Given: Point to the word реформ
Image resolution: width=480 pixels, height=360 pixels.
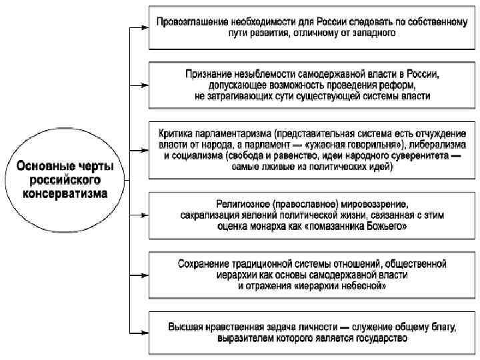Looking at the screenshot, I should point(399,85).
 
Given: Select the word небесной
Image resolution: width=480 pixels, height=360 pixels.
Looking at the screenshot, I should point(361,286).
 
